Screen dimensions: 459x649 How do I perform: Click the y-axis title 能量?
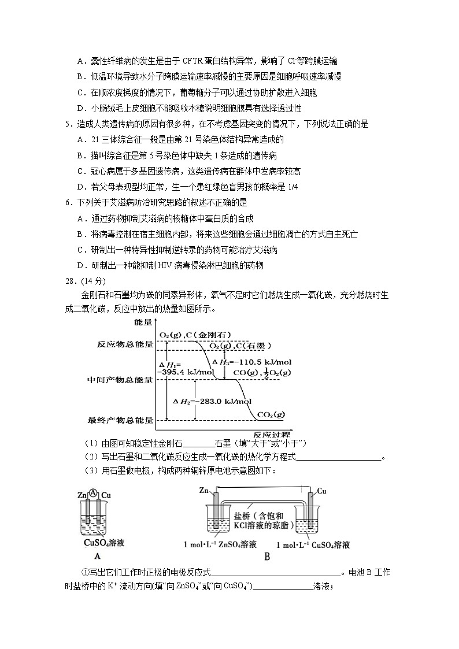point(143,321)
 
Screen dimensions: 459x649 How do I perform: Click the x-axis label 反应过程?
point(272,433)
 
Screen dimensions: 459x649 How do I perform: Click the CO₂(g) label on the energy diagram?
point(271,414)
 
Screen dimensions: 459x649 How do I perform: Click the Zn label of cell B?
point(203,490)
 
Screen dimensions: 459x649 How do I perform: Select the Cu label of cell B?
point(321,491)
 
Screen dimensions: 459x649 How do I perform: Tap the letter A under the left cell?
point(97,556)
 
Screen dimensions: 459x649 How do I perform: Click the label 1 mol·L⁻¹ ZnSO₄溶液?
point(220,544)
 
